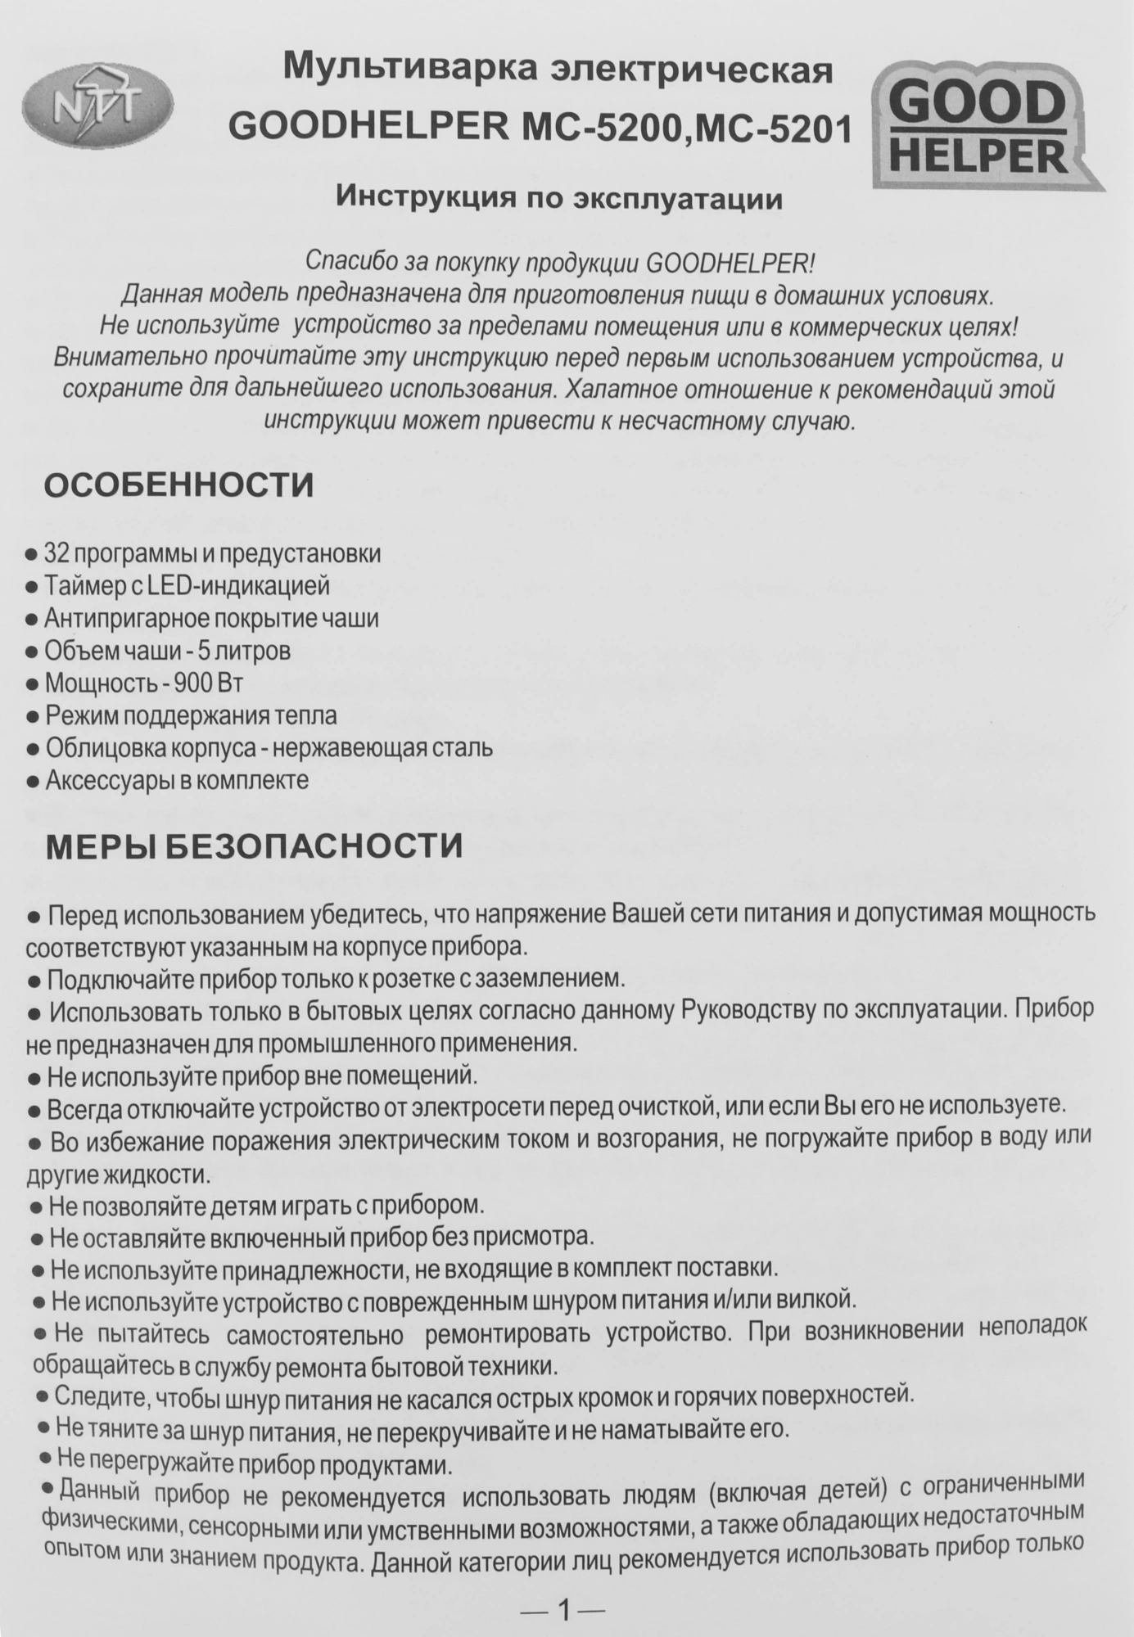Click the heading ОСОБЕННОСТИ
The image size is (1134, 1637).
point(178,485)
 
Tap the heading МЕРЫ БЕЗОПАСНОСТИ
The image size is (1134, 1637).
point(254,846)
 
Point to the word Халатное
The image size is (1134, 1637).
point(620,388)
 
